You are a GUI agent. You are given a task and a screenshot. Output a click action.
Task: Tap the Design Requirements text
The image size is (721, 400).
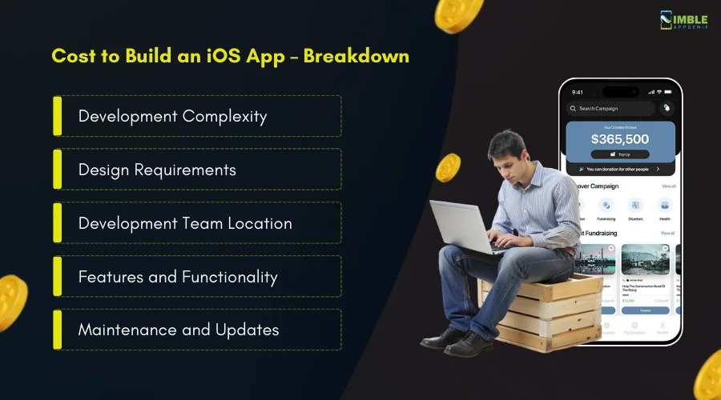click(157, 170)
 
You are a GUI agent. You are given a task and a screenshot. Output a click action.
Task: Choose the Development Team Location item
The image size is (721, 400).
click(184, 223)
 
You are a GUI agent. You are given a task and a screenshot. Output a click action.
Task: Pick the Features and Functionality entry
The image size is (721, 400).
click(178, 277)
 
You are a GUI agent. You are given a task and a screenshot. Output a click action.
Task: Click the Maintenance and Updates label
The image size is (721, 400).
click(179, 330)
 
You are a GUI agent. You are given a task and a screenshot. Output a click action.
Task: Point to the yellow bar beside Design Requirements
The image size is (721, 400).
click(57, 170)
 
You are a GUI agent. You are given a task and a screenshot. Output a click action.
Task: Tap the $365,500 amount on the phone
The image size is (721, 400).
click(620, 139)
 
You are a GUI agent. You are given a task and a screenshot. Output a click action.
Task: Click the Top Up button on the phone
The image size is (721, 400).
click(620, 154)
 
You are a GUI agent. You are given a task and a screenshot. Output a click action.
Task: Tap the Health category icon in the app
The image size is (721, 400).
click(664, 206)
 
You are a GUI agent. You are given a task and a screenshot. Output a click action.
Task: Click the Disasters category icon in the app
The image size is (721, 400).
click(635, 206)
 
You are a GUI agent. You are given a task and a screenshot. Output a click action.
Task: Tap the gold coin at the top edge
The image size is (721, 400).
click(459, 13)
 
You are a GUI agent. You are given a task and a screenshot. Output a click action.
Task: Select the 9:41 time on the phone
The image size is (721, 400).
click(577, 91)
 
